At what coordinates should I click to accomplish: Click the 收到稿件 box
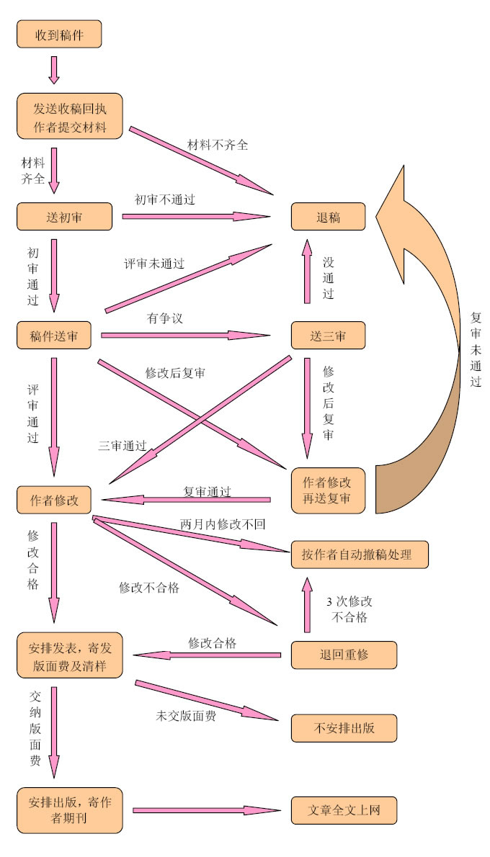click(x=59, y=34)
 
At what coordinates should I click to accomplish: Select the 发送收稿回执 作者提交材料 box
click(x=70, y=117)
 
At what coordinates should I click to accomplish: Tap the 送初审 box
click(x=64, y=216)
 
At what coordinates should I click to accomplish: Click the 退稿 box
click(x=328, y=217)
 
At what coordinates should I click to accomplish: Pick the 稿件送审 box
click(x=54, y=335)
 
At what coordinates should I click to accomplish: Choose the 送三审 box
click(x=328, y=335)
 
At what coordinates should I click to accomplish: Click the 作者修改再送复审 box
click(x=328, y=490)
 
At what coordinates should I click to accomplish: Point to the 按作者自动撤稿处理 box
click(x=360, y=555)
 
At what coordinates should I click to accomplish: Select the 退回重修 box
click(x=344, y=655)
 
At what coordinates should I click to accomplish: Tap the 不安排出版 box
click(x=344, y=727)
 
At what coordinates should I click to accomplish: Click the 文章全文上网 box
click(x=344, y=810)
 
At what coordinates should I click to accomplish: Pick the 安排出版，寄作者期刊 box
click(x=70, y=810)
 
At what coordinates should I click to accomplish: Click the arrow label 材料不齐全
click(x=218, y=145)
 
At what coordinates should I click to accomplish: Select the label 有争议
click(x=165, y=318)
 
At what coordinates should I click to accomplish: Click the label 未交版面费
click(x=186, y=716)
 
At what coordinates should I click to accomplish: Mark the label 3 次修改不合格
click(x=349, y=609)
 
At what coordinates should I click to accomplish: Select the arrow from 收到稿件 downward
click(x=53, y=69)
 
